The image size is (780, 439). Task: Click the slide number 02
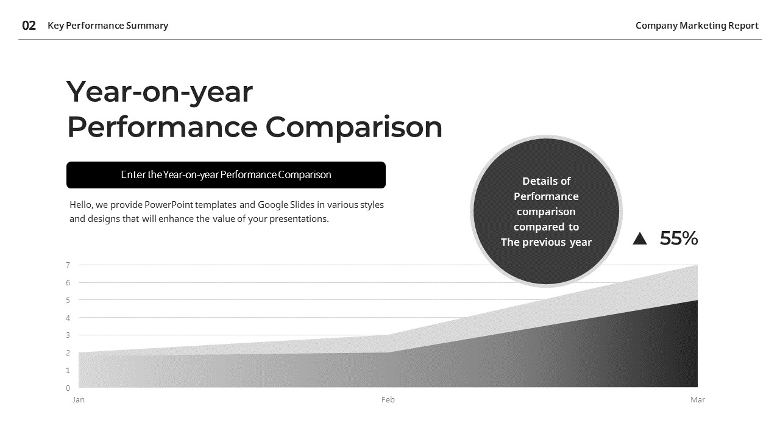[29, 26]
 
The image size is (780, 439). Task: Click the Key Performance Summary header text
[108, 26]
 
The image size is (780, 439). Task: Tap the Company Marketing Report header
[697, 26]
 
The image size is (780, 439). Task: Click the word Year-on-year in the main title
[159, 92]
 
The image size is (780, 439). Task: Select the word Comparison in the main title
[353, 127]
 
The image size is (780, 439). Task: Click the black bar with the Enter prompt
[225, 175]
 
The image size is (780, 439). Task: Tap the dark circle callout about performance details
[546, 211]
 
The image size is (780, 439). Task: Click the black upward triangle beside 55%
[639, 238]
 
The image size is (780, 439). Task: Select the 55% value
[678, 238]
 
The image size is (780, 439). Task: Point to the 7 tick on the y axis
[68, 265]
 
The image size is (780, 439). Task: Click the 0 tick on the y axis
[68, 388]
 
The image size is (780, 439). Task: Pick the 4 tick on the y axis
[68, 318]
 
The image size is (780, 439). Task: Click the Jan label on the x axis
[79, 400]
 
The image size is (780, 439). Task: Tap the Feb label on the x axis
[388, 400]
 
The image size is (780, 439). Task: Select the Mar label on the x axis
[697, 400]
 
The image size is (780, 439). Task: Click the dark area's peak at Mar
[697, 301]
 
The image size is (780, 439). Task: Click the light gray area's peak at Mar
[697, 266]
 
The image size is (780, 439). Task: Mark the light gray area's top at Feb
[388, 336]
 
